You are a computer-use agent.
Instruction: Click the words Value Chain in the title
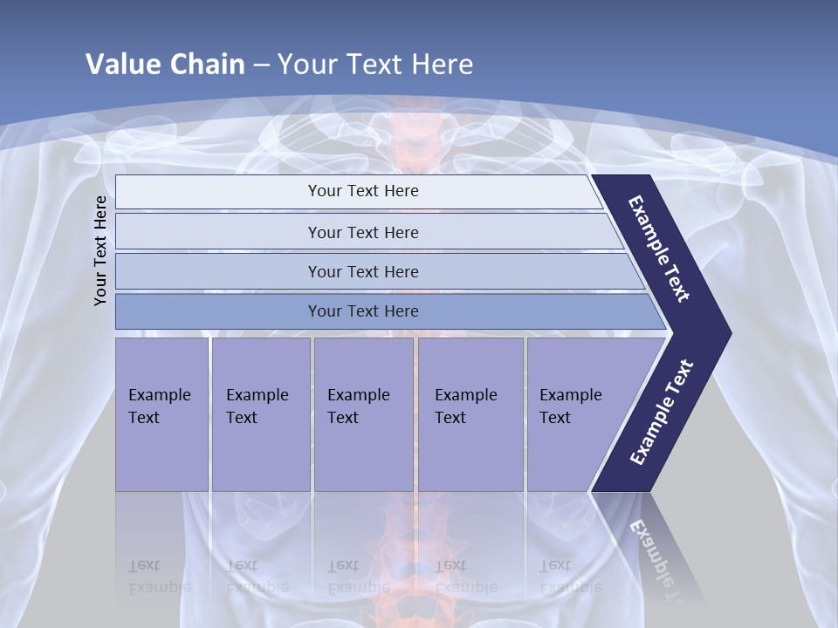click(165, 65)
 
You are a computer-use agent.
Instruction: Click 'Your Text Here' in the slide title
click(375, 65)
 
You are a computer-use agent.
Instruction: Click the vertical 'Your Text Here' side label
click(100, 250)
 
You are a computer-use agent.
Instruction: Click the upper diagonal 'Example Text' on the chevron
click(659, 249)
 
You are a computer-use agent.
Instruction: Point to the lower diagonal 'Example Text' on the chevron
click(661, 412)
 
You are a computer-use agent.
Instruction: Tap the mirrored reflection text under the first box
click(159, 577)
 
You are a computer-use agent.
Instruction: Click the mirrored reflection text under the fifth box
click(570, 577)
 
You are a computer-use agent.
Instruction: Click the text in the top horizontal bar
click(363, 191)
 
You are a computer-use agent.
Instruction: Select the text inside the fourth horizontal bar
click(363, 311)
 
